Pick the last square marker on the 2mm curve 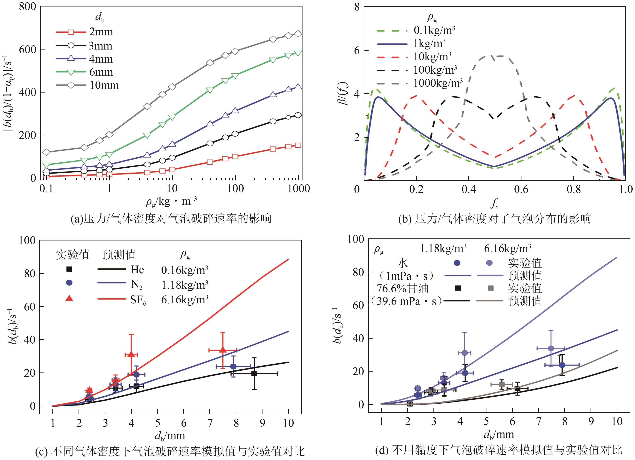[x=298, y=145]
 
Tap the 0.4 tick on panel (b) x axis [x=468, y=189]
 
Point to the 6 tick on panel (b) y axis [x=357, y=50]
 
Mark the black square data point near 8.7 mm [x=254, y=373]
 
